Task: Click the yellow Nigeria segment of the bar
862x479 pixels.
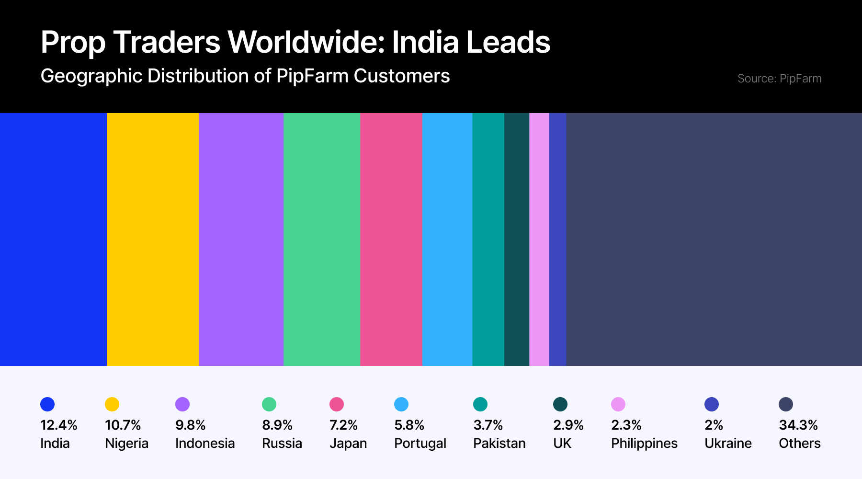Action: pos(153,239)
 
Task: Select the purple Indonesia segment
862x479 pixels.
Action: pos(241,239)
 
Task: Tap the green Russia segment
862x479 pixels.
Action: pos(322,239)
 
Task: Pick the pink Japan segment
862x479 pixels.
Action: pos(391,239)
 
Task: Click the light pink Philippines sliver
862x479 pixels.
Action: pos(539,239)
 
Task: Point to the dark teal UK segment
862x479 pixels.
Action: pos(517,239)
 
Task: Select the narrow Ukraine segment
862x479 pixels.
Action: pos(558,239)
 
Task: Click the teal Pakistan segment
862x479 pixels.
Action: pos(488,239)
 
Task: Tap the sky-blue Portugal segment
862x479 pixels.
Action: pos(447,239)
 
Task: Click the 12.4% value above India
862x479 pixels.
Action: pos(58,425)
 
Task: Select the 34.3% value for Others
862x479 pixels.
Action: pos(798,425)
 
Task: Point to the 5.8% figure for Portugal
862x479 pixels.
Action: pos(409,425)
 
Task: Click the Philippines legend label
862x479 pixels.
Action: pos(644,444)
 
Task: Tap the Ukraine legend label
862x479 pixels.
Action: pos(728,444)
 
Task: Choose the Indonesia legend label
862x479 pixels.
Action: pos(205,444)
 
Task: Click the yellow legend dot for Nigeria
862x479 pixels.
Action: pos(112,404)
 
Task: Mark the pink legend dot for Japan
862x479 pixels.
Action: pos(337,404)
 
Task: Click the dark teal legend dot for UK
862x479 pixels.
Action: pos(560,404)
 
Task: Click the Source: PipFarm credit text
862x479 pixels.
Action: pos(779,79)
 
